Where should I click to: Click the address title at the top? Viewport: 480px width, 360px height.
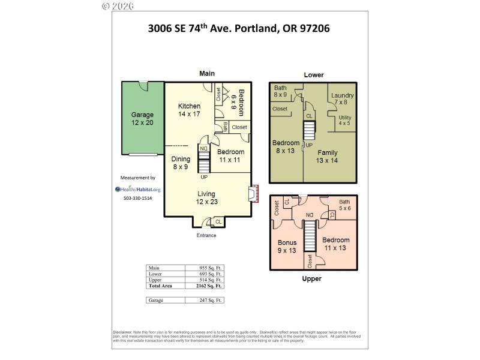click(x=239, y=28)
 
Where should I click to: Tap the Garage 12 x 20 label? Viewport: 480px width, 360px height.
click(x=143, y=119)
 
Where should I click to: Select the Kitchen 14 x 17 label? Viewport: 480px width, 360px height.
click(x=189, y=110)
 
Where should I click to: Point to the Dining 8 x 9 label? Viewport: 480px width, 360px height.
click(x=181, y=163)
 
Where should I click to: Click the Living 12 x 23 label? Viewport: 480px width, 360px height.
click(x=206, y=197)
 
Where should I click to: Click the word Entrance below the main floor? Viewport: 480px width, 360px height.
click(x=206, y=235)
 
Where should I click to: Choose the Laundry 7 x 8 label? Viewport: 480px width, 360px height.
click(x=342, y=99)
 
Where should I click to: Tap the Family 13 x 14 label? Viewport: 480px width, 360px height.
click(x=328, y=157)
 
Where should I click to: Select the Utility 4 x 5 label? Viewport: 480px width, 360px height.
click(x=344, y=120)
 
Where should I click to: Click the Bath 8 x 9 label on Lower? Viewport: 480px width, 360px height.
click(x=281, y=91)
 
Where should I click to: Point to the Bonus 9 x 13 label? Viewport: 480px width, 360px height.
click(x=287, y=247)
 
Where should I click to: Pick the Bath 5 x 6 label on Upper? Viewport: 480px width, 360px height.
click(x=344, y=205)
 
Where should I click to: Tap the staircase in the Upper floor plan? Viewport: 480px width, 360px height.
click(x=309, y=236)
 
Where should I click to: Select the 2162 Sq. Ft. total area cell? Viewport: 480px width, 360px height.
click(x=210, y=287)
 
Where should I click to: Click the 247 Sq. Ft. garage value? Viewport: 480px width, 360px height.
click(x=210, y=299)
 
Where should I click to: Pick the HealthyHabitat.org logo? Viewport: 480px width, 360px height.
click(x=138, y=189)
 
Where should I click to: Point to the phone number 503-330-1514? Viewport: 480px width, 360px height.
click(x=138, y=199)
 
